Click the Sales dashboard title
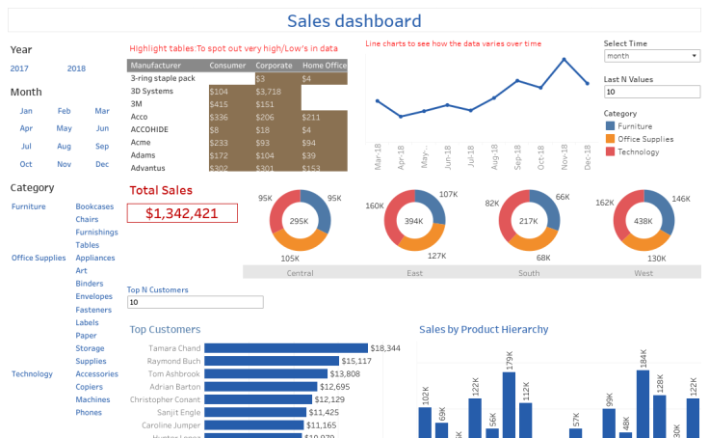[354, 20]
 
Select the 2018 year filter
[76, 68]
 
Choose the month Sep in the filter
[102, 146]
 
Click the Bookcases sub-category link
[94, 206]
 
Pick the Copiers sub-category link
[91, 387]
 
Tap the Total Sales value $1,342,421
[182, 213]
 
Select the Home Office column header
[324, 65]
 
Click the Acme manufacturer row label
[141, 142]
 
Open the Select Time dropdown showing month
[650, 56]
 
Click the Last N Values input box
[650, 92]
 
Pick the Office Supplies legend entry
[645, 139]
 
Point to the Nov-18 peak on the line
[564, 59]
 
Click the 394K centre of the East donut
[414, 222]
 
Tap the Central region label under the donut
[300, 273]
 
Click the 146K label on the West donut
[680, 199]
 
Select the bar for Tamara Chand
[286, 348]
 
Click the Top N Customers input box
[195, 302]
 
